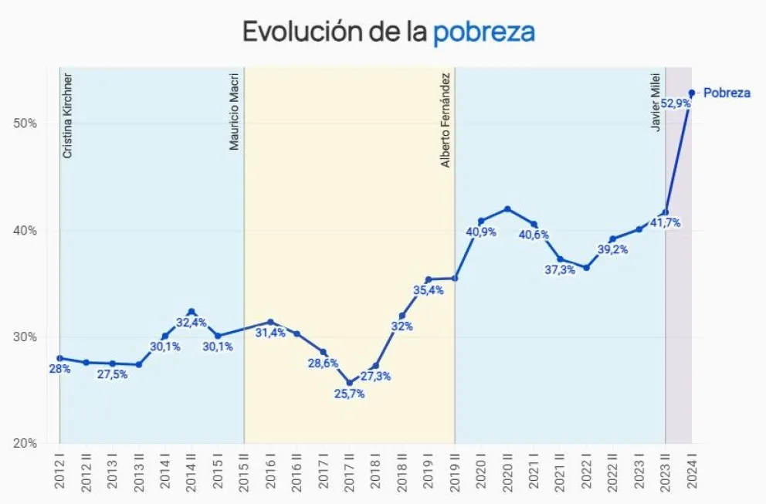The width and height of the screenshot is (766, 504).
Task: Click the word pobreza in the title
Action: tap(483, 32)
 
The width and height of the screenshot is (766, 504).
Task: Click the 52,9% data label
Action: tap(676, 103)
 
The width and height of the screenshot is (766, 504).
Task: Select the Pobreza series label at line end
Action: tap(727, 93)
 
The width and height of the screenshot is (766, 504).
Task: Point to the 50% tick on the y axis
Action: tap(26, 123)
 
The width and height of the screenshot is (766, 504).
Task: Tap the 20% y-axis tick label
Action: tap(26, 444)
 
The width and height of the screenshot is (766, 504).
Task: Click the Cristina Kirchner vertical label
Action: tap(68, 116)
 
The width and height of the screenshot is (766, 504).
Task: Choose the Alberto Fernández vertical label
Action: tap(446, 121)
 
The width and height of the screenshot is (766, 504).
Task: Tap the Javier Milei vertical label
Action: tap(656, 103)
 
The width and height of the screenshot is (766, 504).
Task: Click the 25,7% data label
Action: tap(349, 394)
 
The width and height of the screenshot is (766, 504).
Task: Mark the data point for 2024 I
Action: tap(692, 93)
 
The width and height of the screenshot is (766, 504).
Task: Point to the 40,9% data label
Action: tap(480, 232)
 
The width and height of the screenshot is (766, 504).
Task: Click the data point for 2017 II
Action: tap(349, 382)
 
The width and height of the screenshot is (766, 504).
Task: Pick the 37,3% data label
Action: tap(561, 270)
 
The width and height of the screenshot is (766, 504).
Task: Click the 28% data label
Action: tap(60, 369)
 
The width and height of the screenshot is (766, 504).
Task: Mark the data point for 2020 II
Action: tap(507, 209)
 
